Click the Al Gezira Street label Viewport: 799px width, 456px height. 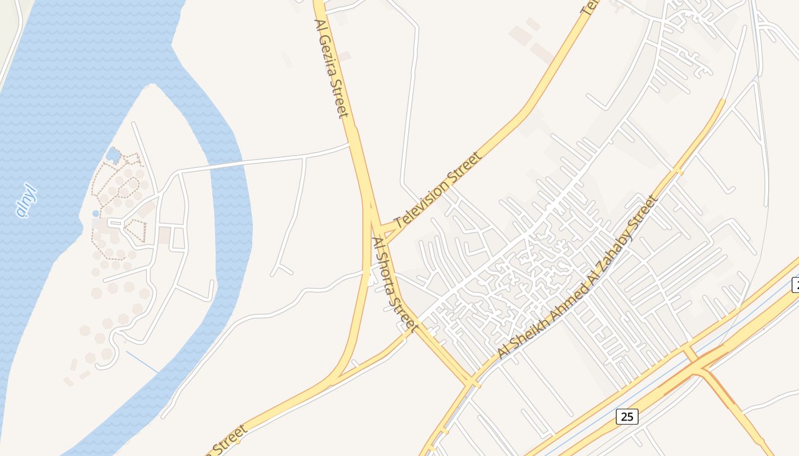point(332,68)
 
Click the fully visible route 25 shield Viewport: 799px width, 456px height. point(627,417)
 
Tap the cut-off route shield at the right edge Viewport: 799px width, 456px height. point(795,284)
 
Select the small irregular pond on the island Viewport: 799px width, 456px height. point(114,154)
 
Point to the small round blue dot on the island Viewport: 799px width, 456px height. point(95,213)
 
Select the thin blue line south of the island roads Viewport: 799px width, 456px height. point(142,362)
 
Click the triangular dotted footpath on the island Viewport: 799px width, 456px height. point(135,230)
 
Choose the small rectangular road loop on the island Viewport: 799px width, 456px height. point(177,238)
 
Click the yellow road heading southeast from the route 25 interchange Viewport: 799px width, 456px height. point(736,408)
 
